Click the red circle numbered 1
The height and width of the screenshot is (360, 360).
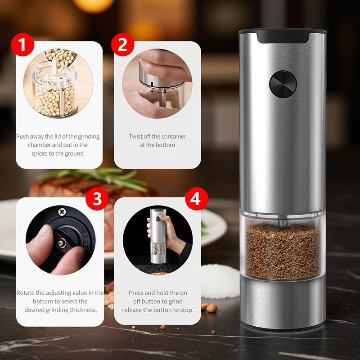coord(22,45)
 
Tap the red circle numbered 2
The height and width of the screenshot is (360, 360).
coord(122,45)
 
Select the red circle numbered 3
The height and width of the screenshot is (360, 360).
coord(97,199)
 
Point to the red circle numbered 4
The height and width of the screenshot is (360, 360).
coord(197,199)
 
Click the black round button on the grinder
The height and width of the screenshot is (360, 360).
coord(283,84)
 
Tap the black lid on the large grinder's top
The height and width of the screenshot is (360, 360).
coord(283,36)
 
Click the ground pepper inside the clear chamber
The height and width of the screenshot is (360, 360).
coord(283,251)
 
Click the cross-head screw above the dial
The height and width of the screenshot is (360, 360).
coord(62,211)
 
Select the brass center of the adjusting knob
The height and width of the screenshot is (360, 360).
coord(62,243)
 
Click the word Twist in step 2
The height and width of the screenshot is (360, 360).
coord(135,136)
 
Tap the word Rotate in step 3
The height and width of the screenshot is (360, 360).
coord(26,293)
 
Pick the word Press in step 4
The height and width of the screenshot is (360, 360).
coord(136,293)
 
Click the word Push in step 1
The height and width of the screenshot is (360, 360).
coord(22,136)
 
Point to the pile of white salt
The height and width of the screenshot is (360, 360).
coord(220,281)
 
